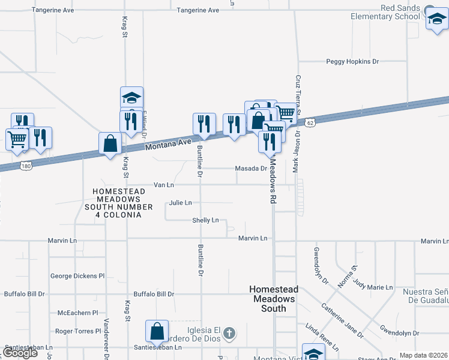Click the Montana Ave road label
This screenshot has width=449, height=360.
point(168,143)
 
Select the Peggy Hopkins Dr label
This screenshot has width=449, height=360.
point(353,61)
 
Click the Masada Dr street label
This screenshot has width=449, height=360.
point(250,169)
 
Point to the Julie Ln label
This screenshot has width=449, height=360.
point(180,203)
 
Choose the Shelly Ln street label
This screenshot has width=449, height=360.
point(205,220)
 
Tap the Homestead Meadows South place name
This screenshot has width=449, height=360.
point(274,299)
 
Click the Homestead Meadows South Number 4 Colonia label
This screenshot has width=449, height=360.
point(117,203)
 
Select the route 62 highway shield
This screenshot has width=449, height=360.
point(309,122)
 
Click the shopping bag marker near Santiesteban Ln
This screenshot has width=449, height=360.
point(157,331)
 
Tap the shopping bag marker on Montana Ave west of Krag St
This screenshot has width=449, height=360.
point(110,144)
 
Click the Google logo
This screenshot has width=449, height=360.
point(20,353)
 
